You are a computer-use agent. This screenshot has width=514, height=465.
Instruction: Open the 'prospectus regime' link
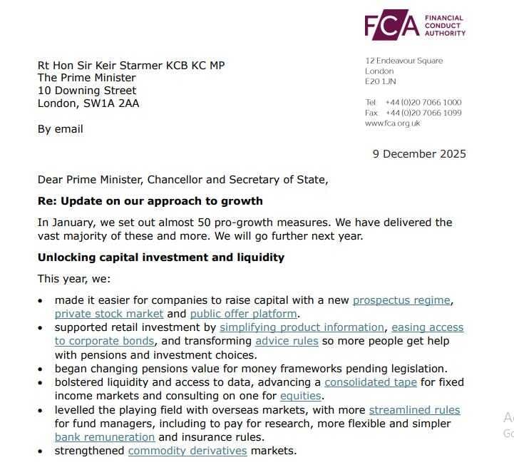point(402,300)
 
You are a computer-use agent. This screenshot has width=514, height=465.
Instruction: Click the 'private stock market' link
point(109,314)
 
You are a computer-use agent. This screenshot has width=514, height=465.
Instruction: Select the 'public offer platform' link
point(244,314)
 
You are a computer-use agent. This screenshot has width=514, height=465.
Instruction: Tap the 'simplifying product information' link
point(302,327)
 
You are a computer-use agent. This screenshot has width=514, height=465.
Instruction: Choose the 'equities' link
point(301,396)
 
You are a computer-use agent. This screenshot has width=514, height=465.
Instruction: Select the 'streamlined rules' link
point(414,410)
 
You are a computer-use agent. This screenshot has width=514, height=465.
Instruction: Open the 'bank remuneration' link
point(105,437)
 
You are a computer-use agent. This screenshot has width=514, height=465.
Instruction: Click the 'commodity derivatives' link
point(187,451)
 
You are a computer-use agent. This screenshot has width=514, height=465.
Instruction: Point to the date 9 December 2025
point(419,153)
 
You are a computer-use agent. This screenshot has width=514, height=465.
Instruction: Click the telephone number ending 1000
point(423,103)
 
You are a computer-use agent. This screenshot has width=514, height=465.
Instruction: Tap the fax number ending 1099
point(423,113)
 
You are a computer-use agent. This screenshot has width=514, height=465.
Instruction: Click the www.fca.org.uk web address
point(393,123)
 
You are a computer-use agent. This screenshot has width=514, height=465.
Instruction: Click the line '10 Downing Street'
point(87,91)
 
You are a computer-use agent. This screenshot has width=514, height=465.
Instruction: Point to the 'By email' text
point(61,129)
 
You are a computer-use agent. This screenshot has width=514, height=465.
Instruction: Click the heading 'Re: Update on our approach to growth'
point(150,201)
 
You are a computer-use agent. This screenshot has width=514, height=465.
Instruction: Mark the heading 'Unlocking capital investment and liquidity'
point(161,257)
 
